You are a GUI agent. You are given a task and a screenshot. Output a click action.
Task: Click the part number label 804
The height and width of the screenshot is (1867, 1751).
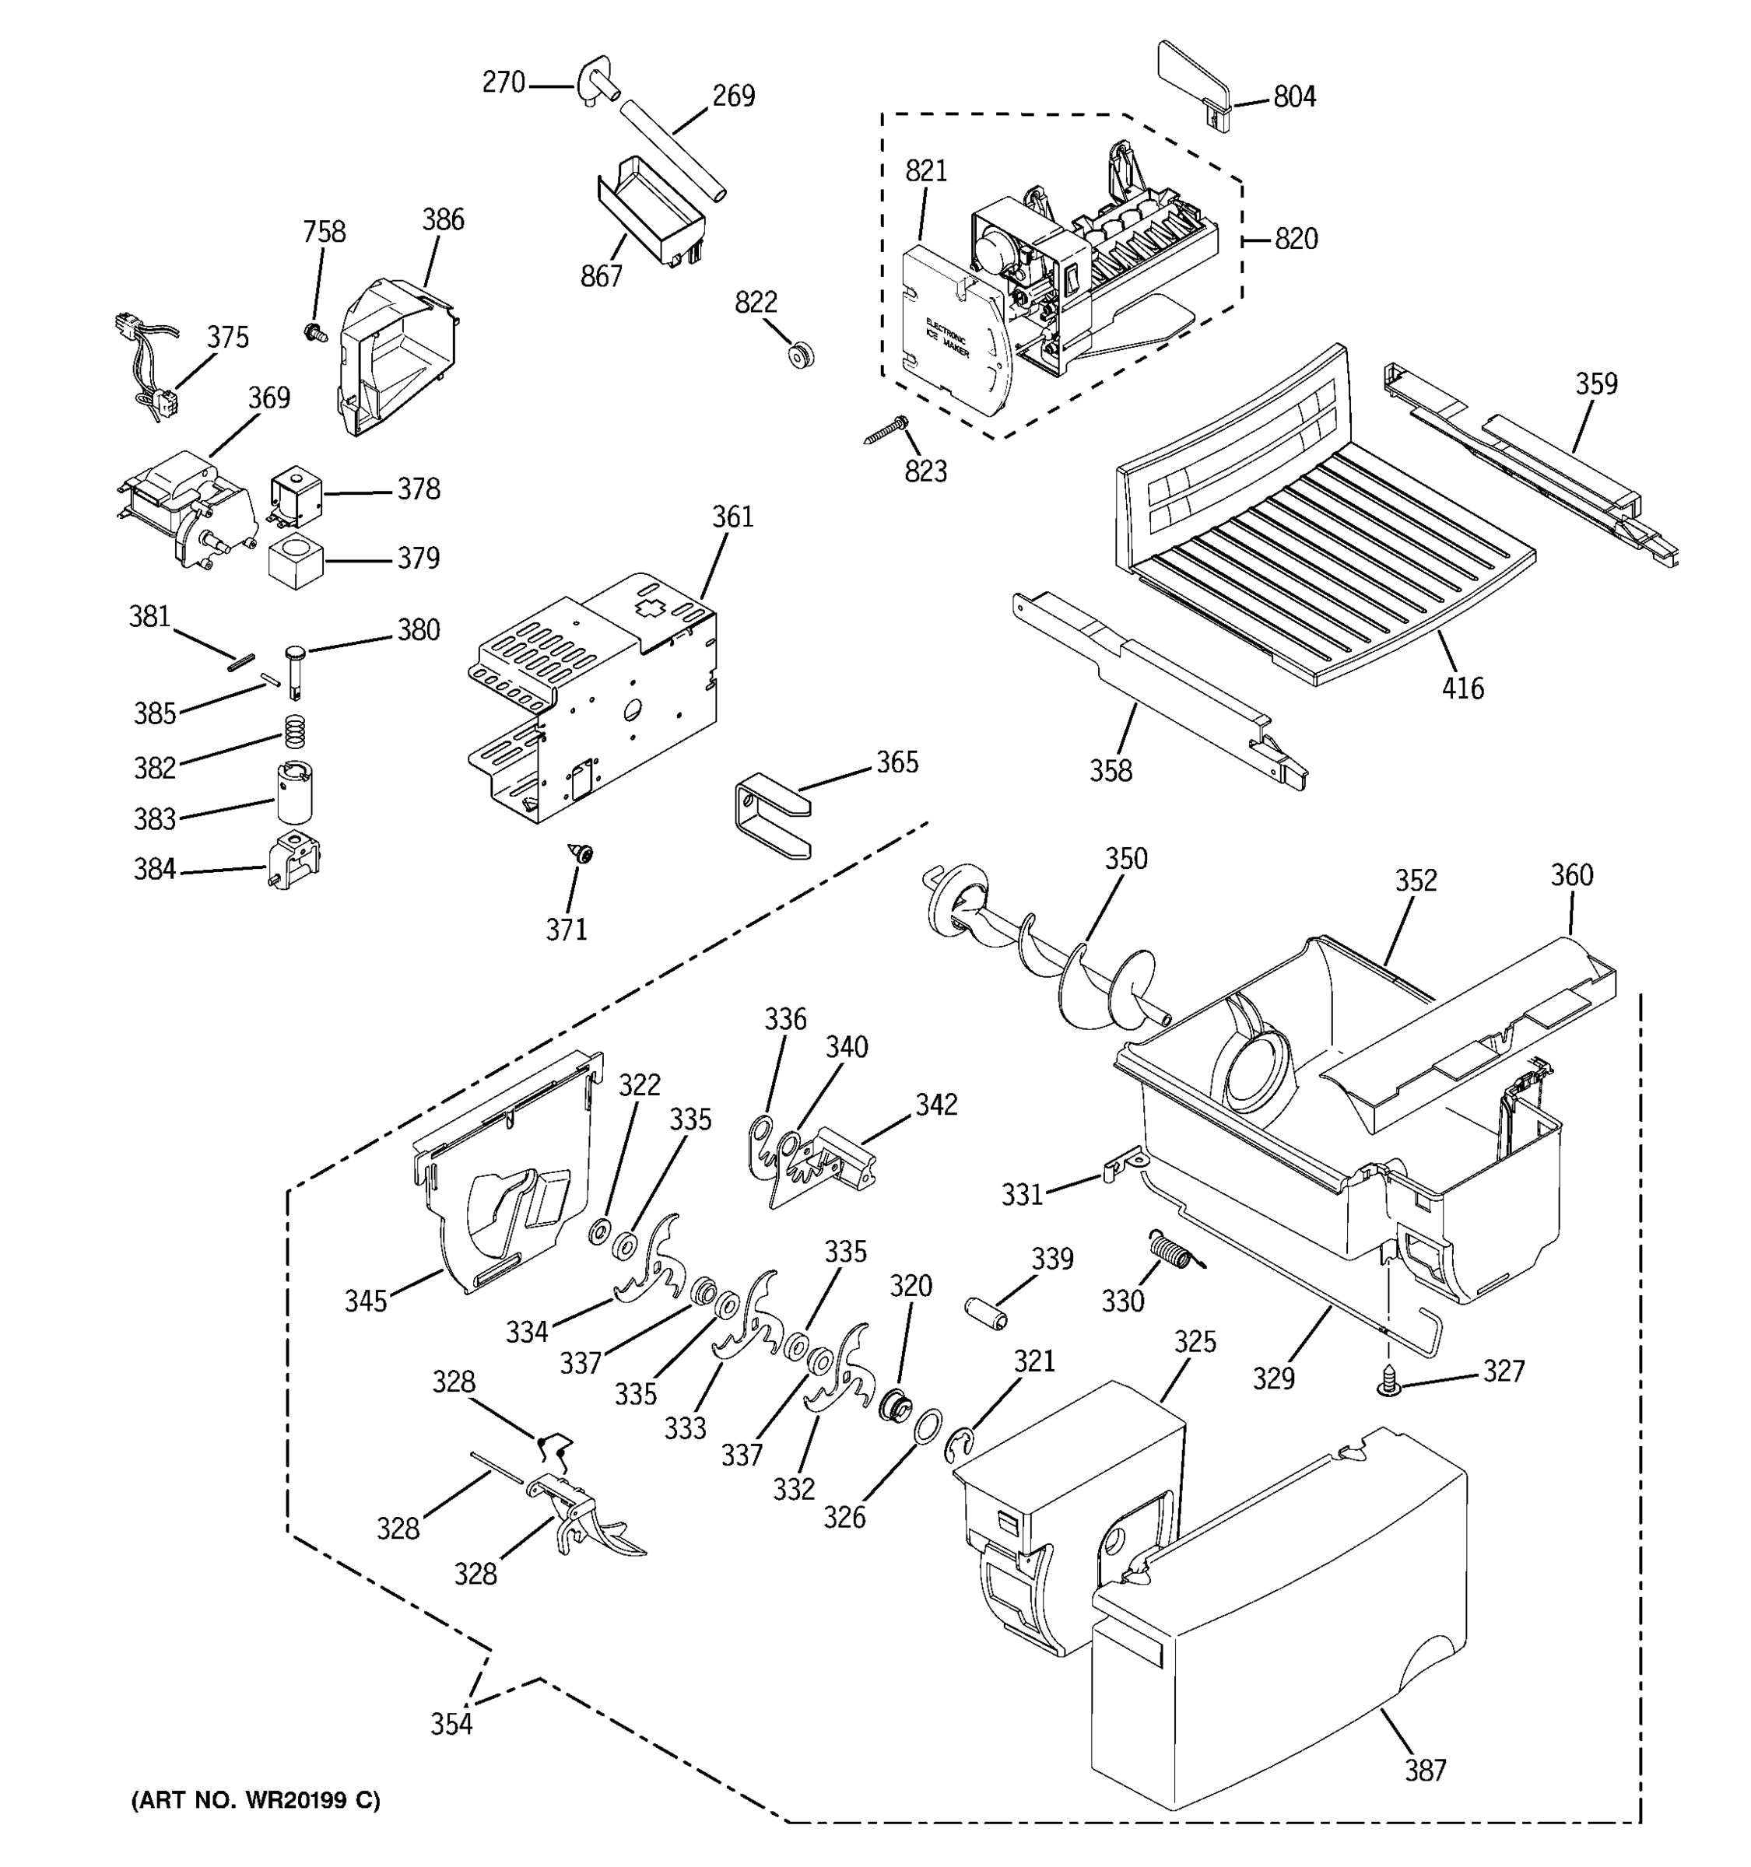pos(1293,96)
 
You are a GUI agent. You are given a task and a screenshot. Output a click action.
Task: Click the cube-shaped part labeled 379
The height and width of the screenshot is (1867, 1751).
pos(296,562)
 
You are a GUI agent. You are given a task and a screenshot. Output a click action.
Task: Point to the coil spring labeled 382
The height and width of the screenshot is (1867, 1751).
pos(295,728)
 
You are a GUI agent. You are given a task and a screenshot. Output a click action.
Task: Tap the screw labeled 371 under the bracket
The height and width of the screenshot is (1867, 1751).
pos(585,853)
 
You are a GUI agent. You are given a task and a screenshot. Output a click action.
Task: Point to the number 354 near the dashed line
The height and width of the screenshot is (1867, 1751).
pos(451,1723)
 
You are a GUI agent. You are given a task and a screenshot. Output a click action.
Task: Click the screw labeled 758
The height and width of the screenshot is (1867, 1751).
pos(314,331)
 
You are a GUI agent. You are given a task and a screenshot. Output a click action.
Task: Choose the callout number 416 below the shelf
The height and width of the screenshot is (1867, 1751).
pos(1462,688)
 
